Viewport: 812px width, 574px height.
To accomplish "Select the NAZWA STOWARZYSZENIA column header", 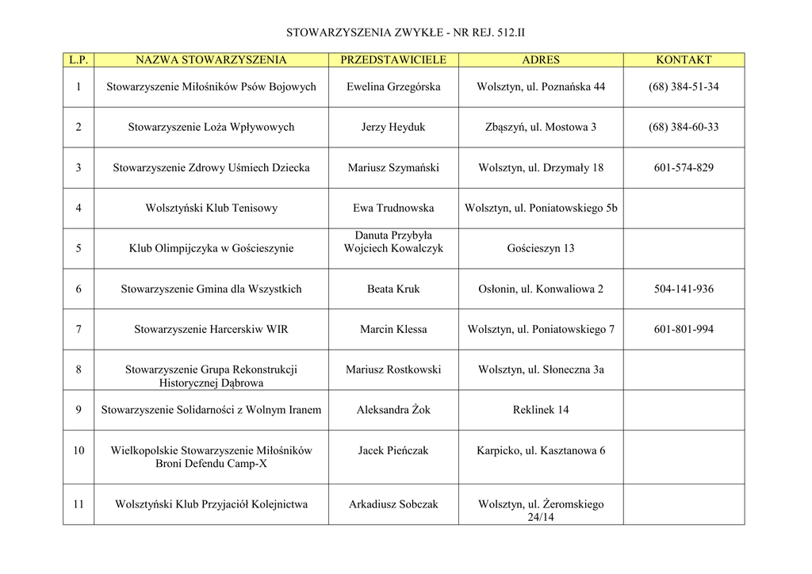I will (x=211, y=60).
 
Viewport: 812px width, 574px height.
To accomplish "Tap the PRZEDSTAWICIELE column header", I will (x=393, y=60).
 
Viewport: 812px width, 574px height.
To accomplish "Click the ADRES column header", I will (x=541, y=60).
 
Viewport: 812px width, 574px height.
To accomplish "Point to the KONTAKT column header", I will (x=684, y=60).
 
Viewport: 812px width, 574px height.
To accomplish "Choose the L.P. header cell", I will (x=79, y=60).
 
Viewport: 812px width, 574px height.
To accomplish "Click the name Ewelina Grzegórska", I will (x=393, y=87).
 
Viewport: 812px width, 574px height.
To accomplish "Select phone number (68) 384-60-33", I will (x=684, y=128).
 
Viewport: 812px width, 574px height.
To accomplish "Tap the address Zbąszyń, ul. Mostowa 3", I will (x=541, y=128).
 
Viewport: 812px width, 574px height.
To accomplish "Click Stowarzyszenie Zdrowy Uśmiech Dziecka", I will (x=211, y=168).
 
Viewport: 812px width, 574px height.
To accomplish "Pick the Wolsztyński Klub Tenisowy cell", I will (x=211, y=209).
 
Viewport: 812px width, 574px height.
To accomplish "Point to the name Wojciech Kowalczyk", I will (x=393, y=249).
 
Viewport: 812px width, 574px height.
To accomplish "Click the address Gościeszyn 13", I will (x=541, y=249).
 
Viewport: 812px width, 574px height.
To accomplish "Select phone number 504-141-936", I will (x=684, y=289).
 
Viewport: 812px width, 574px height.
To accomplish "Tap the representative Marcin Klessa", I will (x=393, y=330).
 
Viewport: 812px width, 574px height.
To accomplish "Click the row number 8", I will (x=79, y=369).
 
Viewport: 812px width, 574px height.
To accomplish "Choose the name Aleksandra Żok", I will (x=393, y=410).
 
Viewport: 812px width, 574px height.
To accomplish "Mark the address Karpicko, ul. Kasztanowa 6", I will (x=541, y=451).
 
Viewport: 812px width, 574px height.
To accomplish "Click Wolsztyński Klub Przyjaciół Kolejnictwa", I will (x=211, y=504).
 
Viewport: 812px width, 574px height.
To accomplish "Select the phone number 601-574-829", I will (x=684, y=168).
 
